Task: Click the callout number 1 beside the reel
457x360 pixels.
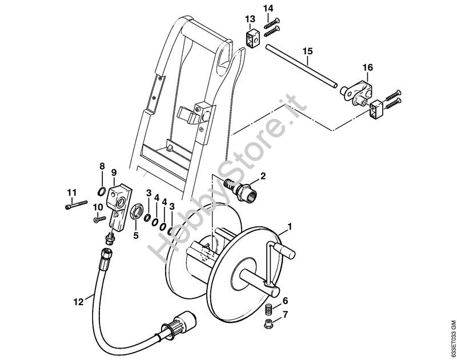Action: point(290,226)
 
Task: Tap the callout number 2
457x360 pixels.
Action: point(263,176)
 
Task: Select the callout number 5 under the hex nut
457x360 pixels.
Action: point(136,235)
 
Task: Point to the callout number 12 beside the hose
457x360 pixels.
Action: point(78,302)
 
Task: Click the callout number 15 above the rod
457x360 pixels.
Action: point(307,51)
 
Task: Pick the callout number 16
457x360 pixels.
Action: point(367,67)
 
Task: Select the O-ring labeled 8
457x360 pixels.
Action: point(101,191)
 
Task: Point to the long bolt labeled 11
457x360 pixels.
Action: point(76,205)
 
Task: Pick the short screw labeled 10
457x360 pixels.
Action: point(99,219)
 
